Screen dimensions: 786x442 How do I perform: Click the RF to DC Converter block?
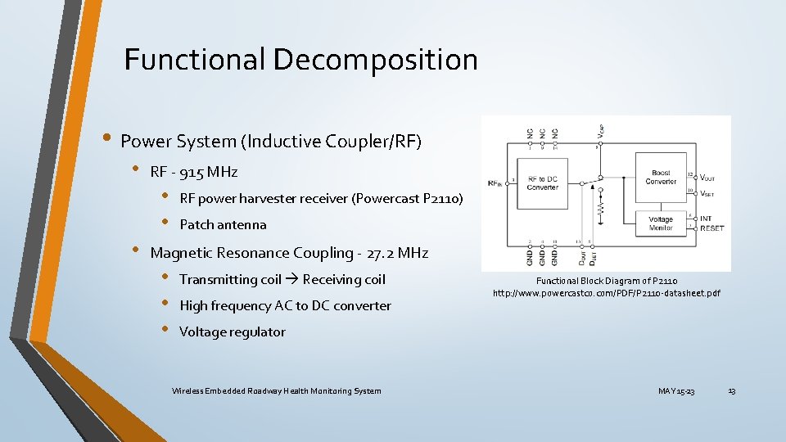coord(543,183)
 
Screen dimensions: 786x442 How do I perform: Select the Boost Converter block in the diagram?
coord(661,178)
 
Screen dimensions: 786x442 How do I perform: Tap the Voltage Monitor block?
coord(661,223)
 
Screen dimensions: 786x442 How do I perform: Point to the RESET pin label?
coord(711,228)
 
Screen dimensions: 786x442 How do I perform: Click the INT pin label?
coord(706,219)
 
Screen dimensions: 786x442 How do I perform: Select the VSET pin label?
coord(707,194)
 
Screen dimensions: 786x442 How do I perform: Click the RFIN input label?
coord(495,183)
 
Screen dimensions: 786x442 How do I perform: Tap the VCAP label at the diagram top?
coord(601,129)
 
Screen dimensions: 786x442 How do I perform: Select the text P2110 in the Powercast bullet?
coord(440,198)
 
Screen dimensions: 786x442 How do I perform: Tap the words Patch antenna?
coord(223,224)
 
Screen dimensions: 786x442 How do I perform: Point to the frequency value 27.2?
coord(381,253)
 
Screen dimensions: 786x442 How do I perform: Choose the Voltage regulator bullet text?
coord(233,331)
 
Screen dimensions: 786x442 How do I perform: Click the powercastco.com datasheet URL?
coord(606,293)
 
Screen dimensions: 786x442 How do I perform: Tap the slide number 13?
coord(731,391)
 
